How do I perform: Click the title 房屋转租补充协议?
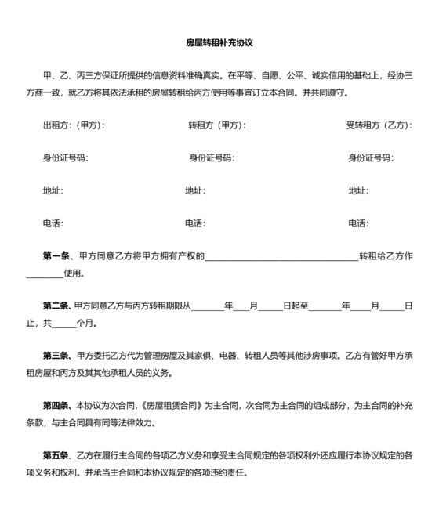(x=219, y=43)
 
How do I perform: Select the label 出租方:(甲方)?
(x=74, y=125)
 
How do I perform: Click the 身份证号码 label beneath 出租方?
(x=66, y=157)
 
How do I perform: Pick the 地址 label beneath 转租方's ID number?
(x=195, y=190)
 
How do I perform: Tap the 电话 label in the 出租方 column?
(x=53, y=223)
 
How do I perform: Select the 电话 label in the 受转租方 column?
(x=359, y=223)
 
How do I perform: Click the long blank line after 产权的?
(x=281, y=258)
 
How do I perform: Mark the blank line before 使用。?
(x=45, y=275)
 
